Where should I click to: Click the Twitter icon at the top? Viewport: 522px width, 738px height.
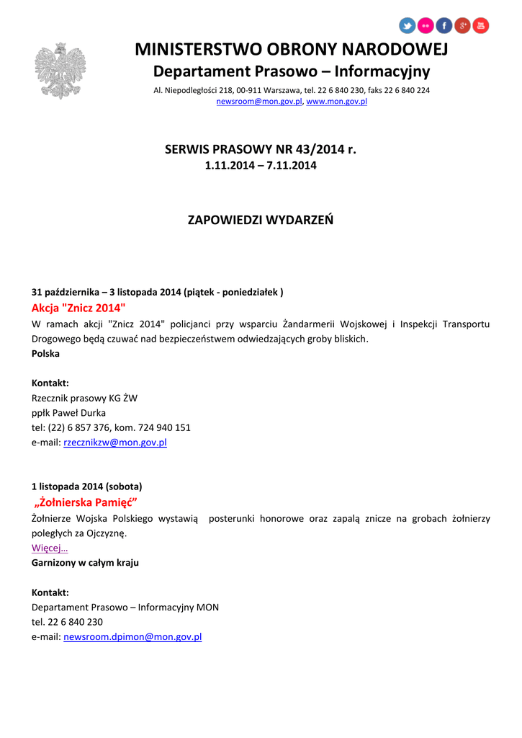point(408,26)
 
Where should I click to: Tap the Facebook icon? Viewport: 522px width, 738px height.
point(444,26)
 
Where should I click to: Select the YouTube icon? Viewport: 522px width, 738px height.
point(481,26)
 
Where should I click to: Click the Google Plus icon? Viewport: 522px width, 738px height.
point(462,26)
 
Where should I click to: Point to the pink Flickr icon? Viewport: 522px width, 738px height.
point(426,26)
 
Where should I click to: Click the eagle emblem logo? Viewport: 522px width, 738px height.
point(60,71)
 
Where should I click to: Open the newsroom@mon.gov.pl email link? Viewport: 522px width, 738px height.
point(259,102)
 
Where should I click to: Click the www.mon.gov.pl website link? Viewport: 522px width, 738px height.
point(337,102)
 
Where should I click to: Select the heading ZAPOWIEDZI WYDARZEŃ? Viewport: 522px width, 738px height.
point(261,220)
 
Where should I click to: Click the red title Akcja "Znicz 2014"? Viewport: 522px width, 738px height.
point(78,308)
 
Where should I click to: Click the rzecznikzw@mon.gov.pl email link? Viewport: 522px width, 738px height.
point(115,443)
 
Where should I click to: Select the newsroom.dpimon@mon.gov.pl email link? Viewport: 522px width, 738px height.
point(132,637)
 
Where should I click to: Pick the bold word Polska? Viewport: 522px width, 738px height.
point(45,354)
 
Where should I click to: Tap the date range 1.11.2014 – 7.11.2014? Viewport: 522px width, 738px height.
point(261,166)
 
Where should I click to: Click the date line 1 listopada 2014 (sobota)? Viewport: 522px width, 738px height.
point(86,486)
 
